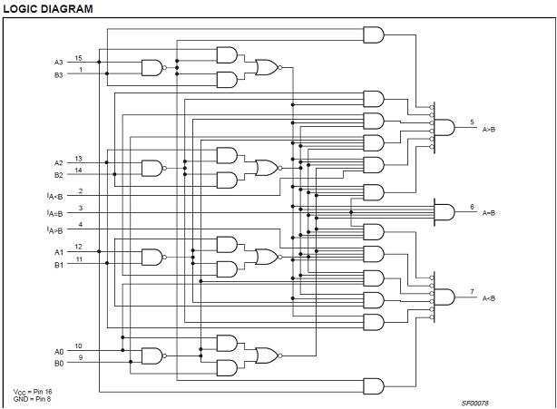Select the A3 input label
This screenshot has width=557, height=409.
58,63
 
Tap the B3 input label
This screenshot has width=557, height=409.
58,75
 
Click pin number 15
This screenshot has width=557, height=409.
79,58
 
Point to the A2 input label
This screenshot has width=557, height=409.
58,163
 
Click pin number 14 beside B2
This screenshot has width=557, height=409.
79,170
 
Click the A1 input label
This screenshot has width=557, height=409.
58,251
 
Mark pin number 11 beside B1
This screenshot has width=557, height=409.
79,259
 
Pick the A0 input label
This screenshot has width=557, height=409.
58,351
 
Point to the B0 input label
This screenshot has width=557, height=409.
58,364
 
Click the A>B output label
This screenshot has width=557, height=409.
489,129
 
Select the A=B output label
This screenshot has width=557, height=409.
489,213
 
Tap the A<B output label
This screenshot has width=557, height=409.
489,298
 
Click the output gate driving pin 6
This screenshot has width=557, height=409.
445,212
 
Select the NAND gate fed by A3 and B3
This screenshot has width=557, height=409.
152,68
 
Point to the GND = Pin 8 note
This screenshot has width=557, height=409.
33,398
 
